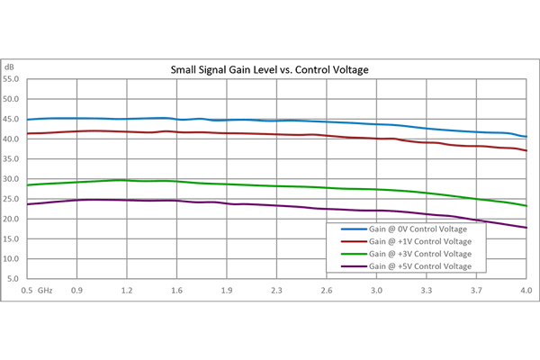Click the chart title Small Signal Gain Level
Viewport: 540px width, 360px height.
click(x=271, y=69)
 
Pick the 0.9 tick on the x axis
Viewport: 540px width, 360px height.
click(x=76, y=291)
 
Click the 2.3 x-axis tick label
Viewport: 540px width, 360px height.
click(x=276, y=291)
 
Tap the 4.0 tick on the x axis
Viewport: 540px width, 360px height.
click(x=526, y=291)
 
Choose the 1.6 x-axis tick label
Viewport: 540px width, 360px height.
click(x=176, y=291)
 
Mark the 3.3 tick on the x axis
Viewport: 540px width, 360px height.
click(x=426, y=291)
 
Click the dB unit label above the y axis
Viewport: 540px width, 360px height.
click(x=9, y=67)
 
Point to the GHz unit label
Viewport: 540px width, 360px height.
click(x=45, y=291)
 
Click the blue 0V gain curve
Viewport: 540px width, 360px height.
click(x=225, y=120)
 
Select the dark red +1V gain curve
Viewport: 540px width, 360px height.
click(x=225, y=133)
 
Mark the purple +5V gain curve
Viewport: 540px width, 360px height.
click(x=225, y=203)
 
